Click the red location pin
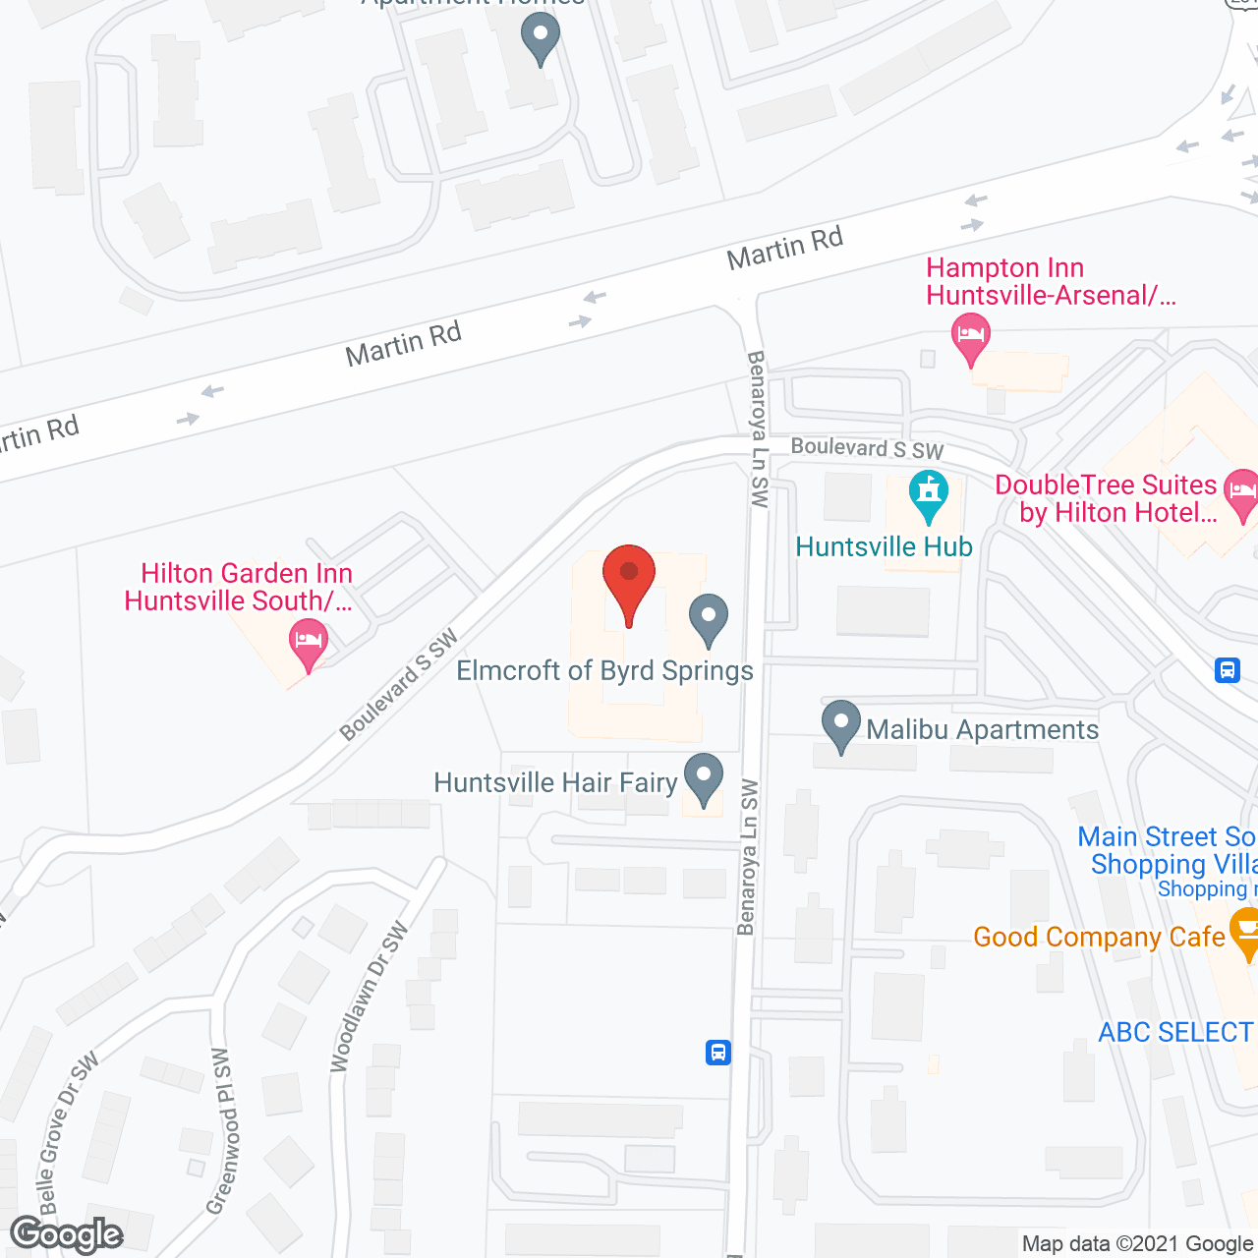pos(628,581)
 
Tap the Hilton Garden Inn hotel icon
pos(309,643)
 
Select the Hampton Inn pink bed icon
pos(970,337)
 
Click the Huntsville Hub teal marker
pos(928,495)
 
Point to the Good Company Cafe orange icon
pos(1244,931)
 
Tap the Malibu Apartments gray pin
pos(840,724)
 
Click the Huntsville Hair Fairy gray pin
pos(703,777)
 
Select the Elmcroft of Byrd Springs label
pos(604,671)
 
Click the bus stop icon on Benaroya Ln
pos(718,1053)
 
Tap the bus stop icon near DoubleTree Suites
pos(1228,670)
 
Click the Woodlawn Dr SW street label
pos(369,997)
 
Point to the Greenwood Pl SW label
pos(223,1130)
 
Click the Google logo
pos(67,1234)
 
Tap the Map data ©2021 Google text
pos(1138,1244)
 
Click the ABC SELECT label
pos(1175,1032)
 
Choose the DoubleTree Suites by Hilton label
pos(1107,498)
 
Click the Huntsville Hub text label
pos(884,547)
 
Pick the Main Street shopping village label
pos(1168,851)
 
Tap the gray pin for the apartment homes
pos(540,40)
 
